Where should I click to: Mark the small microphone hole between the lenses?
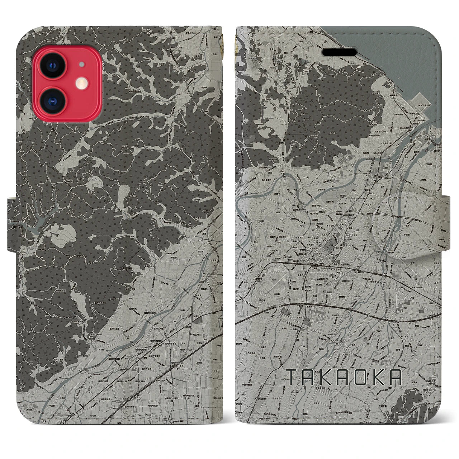(82, 65)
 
